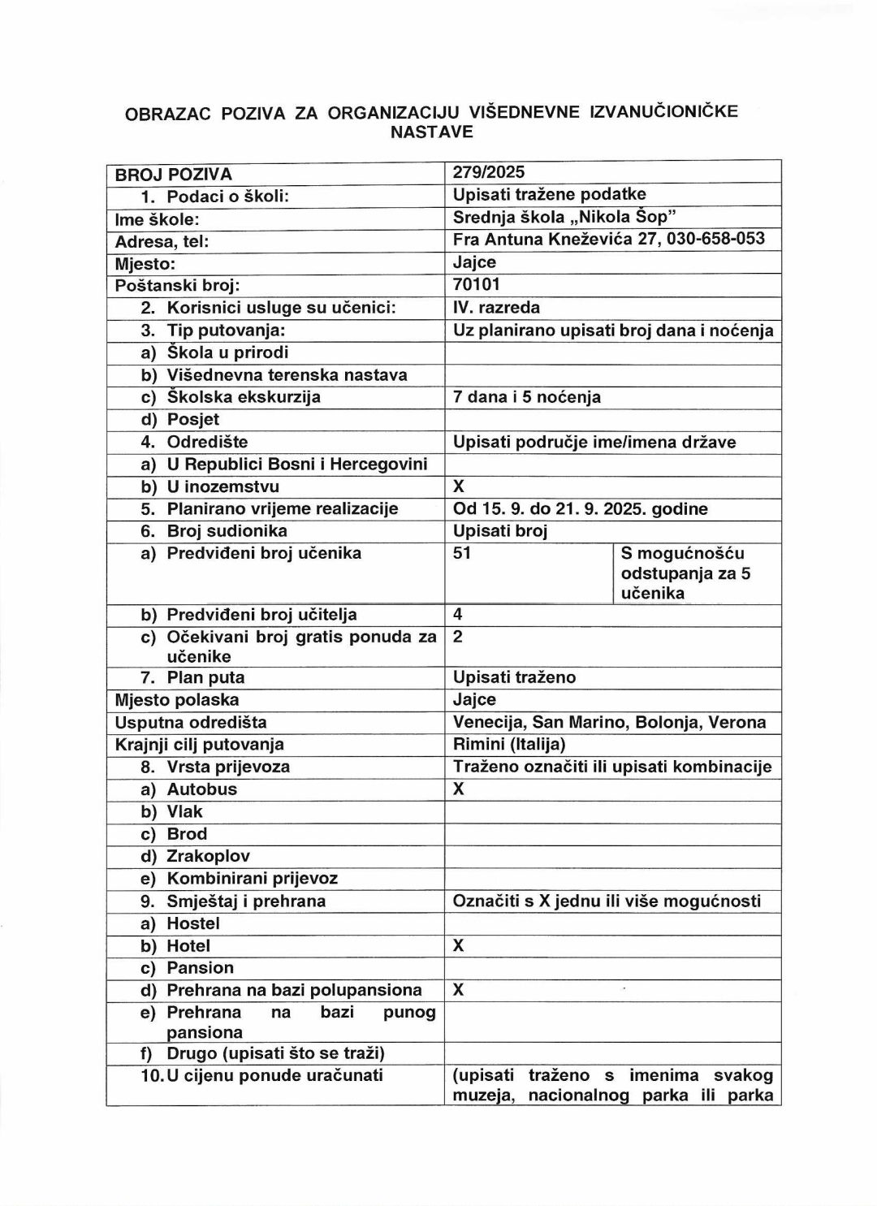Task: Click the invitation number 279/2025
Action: point(489,172)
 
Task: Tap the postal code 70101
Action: point(477,284)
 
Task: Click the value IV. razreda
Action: point(496,307)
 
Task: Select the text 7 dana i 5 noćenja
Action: point(526,396)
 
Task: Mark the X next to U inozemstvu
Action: point(459,486)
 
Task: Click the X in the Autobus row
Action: point(459,789)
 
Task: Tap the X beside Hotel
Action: point(459,945)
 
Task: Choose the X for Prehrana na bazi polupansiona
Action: point(459,990)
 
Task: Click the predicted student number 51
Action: point(462,553)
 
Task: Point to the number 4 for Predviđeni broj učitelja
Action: point(458,615)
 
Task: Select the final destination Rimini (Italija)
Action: point(509,744)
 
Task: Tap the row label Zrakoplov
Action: point(208,856)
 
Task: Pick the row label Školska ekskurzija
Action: point(243,396)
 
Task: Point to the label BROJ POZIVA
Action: point(173,174)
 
